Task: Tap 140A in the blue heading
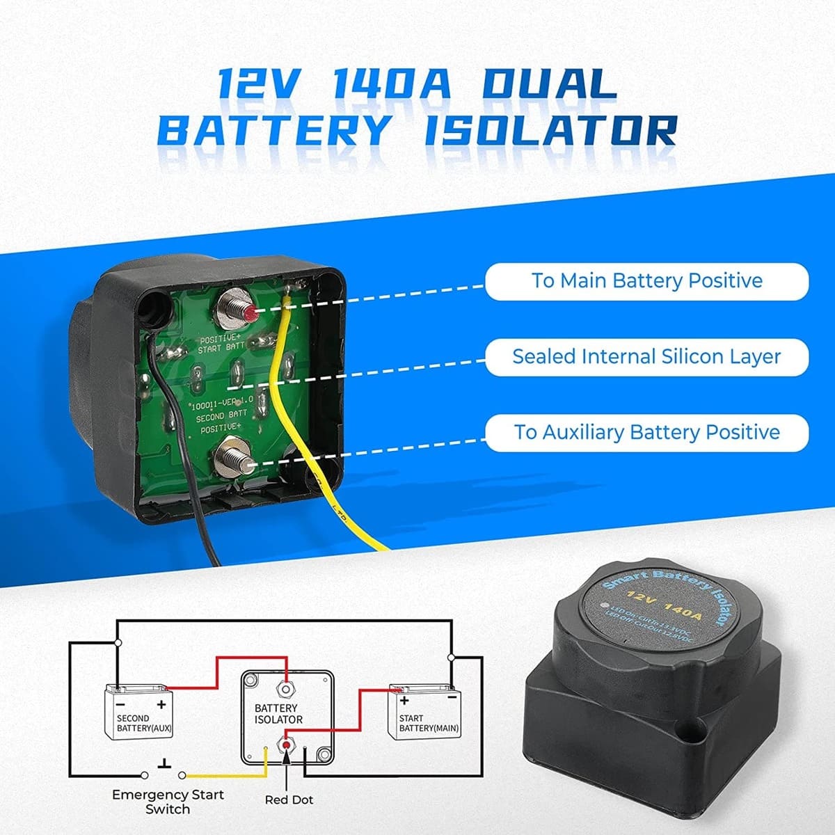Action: pyautogui.click(x=392, y=84)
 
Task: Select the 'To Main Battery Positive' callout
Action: pyautogui.click(x=646, y=281)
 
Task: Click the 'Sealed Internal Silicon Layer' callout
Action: pyautogui.click(x=646, y=357)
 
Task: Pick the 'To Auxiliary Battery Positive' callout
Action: pyautogui.click(x=646, y=432)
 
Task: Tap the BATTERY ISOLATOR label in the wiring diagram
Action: pyautogui.click(x=279, y=713)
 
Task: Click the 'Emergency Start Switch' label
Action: pyautogui.click(x=168, y=802)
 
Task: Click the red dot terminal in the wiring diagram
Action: pyautogui.click(x=285, y=745)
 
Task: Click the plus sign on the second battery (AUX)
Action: pyautogui.click(x=162, y=704)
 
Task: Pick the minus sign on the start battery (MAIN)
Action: pyautogui.click(x=452, y=697)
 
